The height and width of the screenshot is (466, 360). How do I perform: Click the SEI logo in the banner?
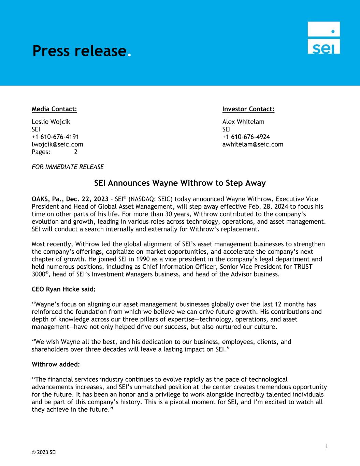pos(323,38)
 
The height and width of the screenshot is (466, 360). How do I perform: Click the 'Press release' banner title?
pos(80,51)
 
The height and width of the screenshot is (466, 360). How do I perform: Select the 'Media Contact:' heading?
pos(54,109)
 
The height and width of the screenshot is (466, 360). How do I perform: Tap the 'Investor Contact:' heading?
pos(248,109)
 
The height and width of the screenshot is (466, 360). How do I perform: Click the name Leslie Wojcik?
pos(51,122)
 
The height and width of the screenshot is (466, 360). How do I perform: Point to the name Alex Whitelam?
pos(243,122)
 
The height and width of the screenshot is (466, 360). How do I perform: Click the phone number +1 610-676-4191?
pos(55,137)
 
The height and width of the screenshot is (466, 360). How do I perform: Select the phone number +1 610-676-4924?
pos(246,137)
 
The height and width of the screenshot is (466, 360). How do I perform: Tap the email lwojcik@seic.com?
pos(57,144)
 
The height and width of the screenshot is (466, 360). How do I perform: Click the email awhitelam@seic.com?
pos(253,144)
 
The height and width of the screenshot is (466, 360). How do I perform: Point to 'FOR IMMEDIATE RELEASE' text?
pos(68,167)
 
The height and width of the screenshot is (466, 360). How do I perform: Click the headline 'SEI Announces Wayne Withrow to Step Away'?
pos(180,183)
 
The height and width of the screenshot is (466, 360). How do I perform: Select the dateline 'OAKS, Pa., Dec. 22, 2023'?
pos(70,199)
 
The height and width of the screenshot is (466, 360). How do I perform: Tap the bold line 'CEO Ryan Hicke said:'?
pos(63,289)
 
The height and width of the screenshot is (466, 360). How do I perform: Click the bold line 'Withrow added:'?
pos(56,364)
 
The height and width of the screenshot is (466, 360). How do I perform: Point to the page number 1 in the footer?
pos(327,447)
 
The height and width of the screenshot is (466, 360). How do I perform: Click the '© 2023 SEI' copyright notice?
pos(44,453)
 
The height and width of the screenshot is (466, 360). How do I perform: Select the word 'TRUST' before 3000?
pos(303,267)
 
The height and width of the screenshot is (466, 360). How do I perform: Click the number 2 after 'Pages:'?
pos(75,152)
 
